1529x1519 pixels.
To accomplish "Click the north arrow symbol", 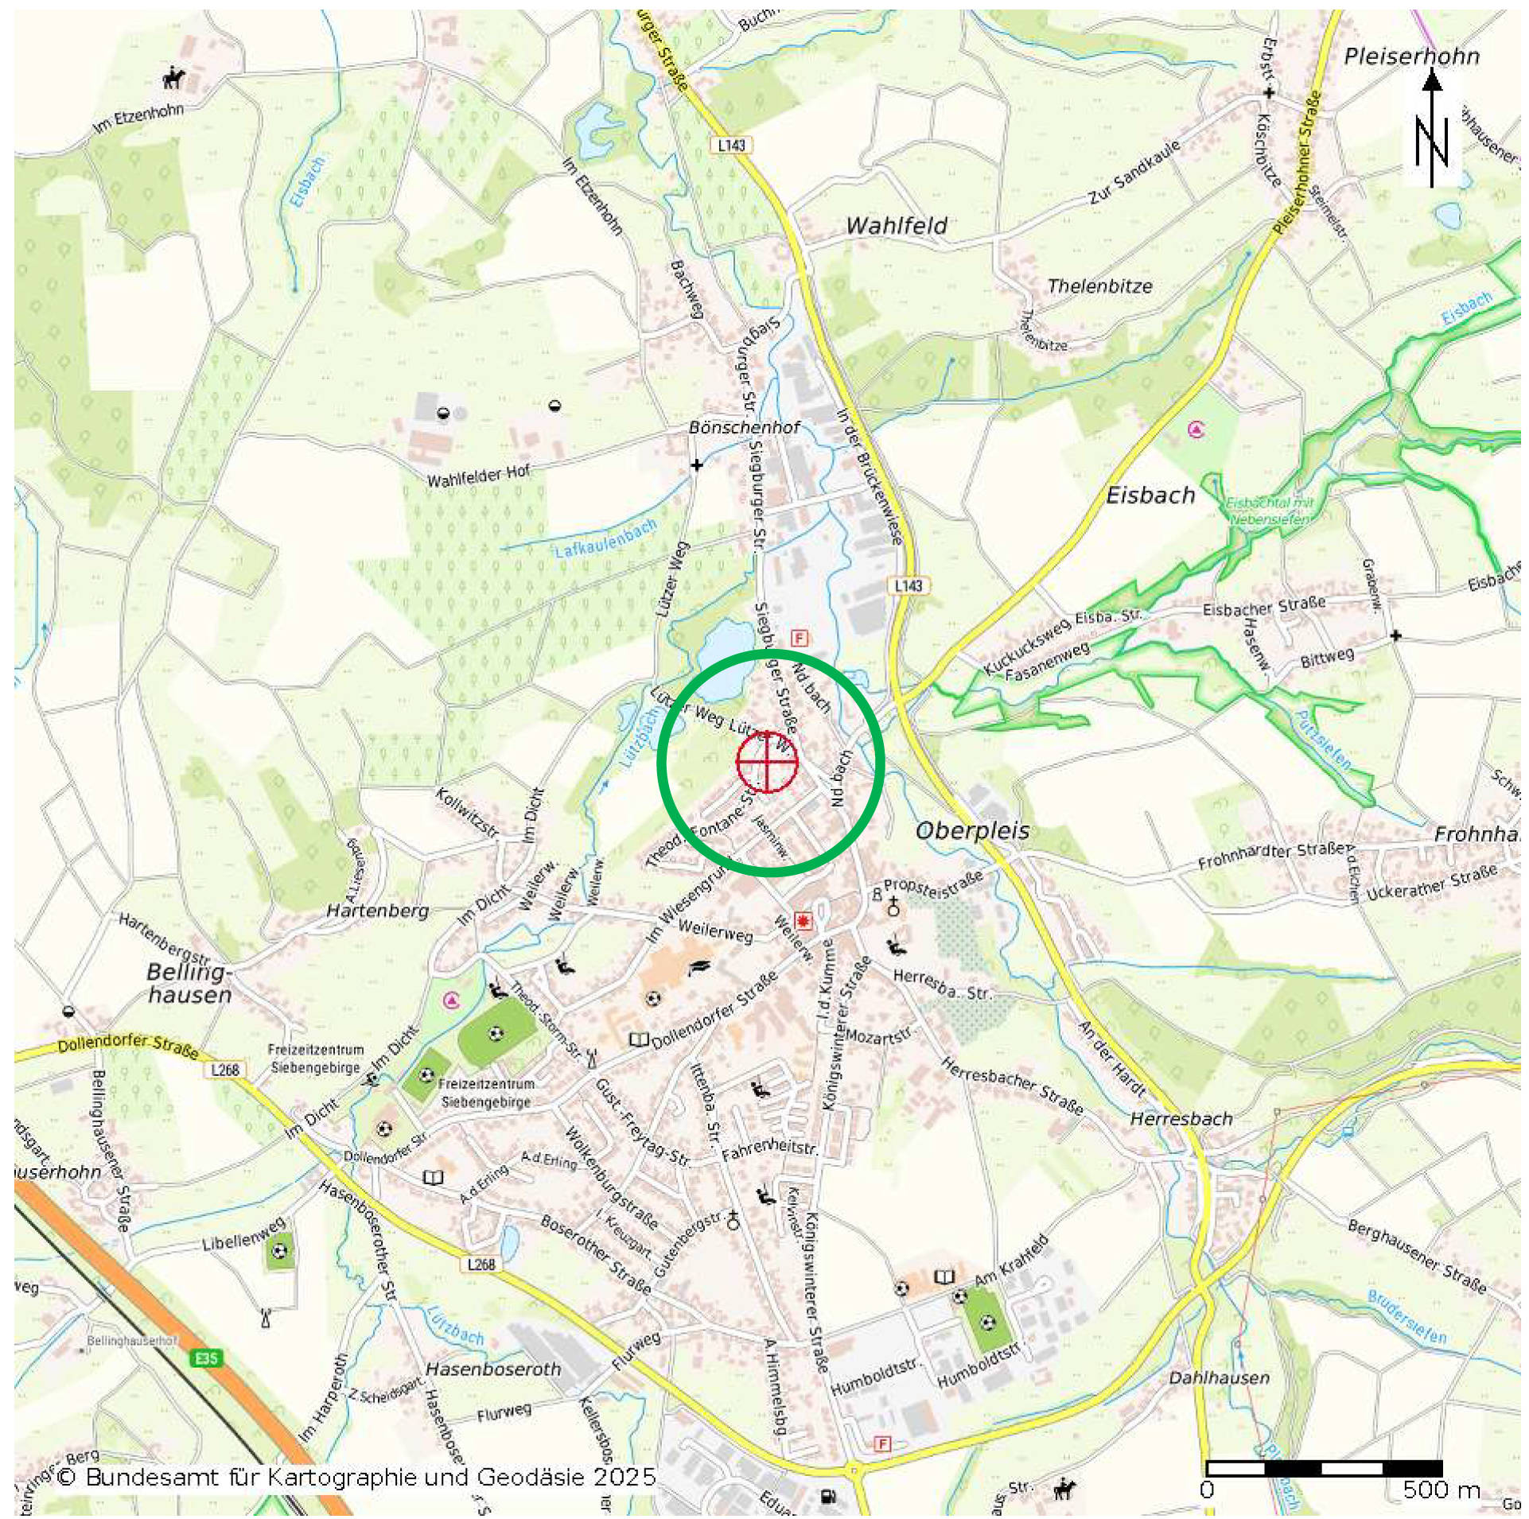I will click(x=1432, y=131).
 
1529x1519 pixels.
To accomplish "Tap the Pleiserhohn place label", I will click(x=1411, y=56).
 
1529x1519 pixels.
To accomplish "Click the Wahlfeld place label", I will click(x=897, y=226).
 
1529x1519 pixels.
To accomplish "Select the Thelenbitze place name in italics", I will click(x=1099, y=286).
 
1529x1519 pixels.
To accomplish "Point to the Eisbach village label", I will click(x=1150, y=495).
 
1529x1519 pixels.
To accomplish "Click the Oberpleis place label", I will click(x=972, y=831).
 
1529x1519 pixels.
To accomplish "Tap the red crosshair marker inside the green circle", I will click(x=767, y=761).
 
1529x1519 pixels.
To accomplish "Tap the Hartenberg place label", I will click(x=378, y=910).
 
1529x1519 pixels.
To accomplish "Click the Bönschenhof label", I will click(x=744, y=428).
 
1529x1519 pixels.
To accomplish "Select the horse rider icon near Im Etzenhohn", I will click(x=173, y=78).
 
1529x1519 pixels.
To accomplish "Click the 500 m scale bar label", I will click(x=1441, y=1490).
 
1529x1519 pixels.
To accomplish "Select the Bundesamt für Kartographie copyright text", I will click(x=357, y=1478).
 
